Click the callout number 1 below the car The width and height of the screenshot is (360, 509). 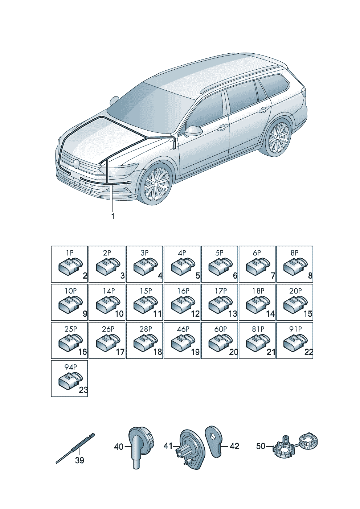tap(112, 216)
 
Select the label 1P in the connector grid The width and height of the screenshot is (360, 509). tap(70, 253)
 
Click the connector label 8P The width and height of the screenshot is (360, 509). tap(294, 253)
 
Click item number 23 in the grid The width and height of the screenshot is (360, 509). tap(83, 390)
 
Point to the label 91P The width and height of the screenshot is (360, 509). tap(295, 329)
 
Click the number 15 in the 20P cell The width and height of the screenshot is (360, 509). tap(308, 314)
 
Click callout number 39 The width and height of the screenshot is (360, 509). tap(80, 461)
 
